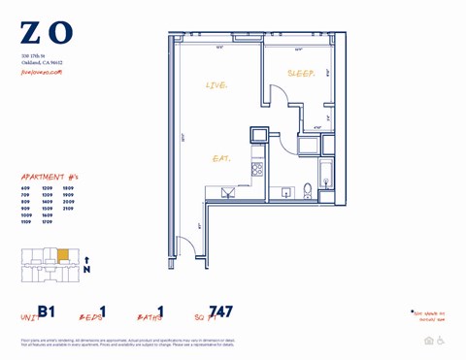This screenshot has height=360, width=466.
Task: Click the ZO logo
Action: pos(46,32)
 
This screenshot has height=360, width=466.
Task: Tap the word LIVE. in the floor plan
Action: pos(216,86)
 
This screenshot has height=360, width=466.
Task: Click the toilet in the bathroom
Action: pos(308,190)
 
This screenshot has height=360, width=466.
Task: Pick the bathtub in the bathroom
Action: pos(326,179)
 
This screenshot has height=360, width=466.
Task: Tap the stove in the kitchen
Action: pos(257,170)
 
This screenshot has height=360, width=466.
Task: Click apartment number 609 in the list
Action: pos(25,188)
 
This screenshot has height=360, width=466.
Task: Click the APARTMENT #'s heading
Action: pos(48,177)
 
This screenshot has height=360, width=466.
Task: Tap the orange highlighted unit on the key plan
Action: pos(63,256)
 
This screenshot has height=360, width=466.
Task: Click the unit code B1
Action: pos(47,312)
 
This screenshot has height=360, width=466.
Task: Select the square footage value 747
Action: pos(221,312)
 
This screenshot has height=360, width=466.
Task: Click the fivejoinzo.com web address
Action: pos(41,72)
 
